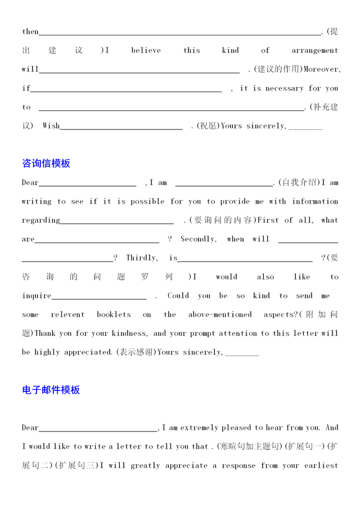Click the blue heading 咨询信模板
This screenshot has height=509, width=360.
click(x=46, y=164)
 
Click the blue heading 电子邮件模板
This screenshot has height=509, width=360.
click(x=51, y=390)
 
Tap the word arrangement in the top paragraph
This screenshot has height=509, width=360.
click(x=314, y=51)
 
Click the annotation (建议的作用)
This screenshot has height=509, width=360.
click(x=278, y=69)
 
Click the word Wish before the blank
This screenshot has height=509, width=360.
click(x=51, y=126)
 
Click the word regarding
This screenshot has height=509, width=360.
click(x=40, y=220)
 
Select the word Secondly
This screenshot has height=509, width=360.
click(x=198, y=239)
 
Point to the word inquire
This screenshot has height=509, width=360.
click(x=37, y=296)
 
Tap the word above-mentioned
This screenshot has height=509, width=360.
click(x=220, y=314)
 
